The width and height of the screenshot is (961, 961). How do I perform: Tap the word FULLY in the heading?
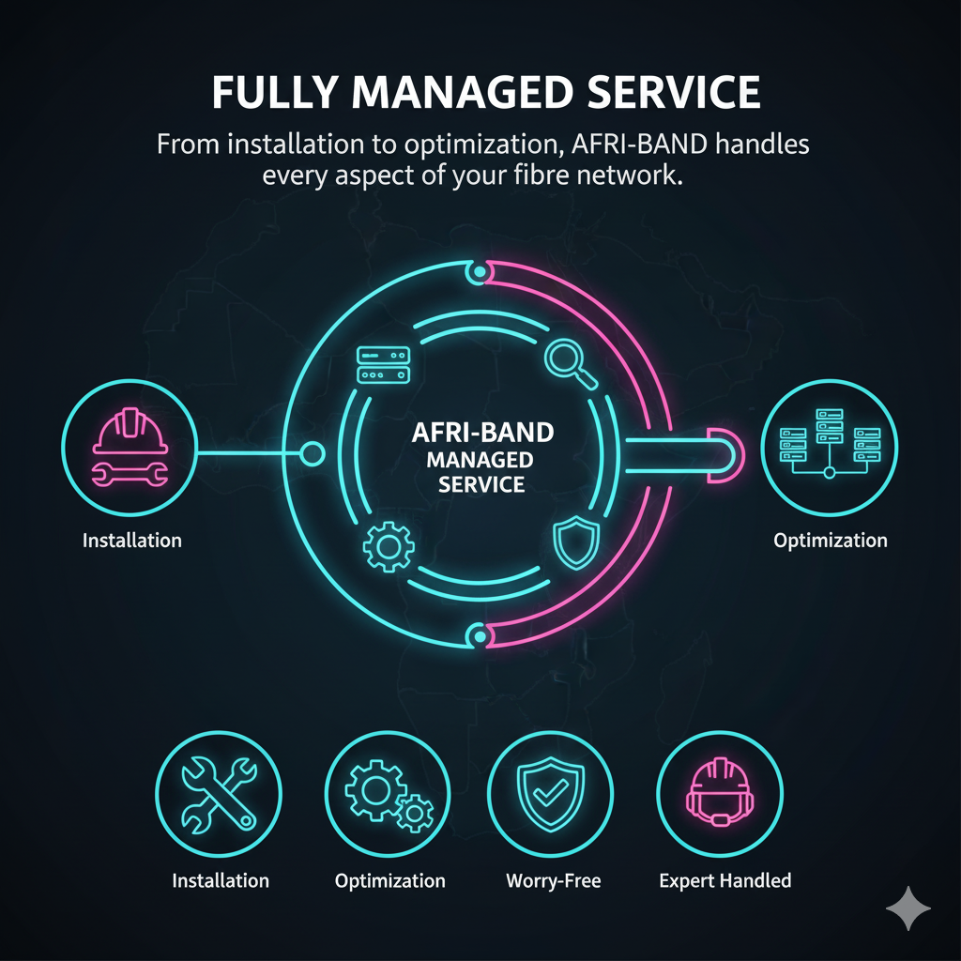pos(275,93)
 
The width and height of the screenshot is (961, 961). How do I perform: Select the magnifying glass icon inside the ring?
pos(571,364)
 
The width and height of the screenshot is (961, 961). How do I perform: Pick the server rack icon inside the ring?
pos(383,365)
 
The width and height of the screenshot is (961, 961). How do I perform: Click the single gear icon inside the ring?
pos(389,547)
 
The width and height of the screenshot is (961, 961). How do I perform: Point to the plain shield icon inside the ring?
pos(576,542)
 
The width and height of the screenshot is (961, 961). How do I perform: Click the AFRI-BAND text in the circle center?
pos(482,433)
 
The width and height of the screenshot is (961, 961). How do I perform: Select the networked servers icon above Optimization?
pos(830,444)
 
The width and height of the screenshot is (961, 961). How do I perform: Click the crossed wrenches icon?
pos(219,794)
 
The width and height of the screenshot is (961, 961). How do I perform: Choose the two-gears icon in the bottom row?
pos(389,795)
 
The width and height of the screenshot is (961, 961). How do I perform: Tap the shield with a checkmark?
pos(550,794)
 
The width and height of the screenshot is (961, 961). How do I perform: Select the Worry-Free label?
pos(554,880)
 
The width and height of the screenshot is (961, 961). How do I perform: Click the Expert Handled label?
pos(725,880)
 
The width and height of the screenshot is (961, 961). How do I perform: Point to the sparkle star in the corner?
pos(908,908)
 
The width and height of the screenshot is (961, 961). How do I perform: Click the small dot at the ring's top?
pos(480,271)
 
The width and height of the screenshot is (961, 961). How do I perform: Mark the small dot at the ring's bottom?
pos(480,637)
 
